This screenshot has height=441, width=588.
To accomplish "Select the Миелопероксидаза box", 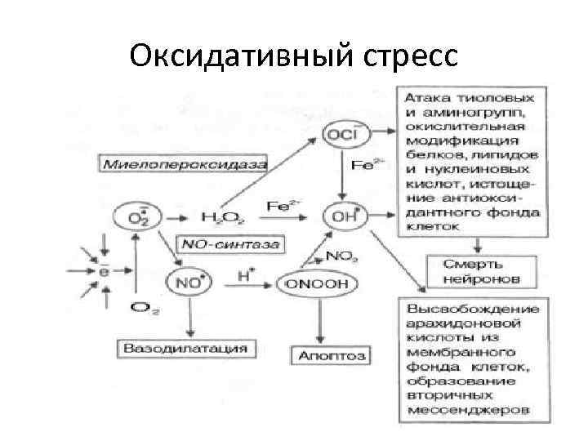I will point(185,163).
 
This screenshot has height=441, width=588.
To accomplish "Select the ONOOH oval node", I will point(318,283).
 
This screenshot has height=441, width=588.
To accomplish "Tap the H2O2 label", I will point(218,217).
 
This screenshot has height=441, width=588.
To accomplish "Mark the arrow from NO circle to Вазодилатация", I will point(189,318).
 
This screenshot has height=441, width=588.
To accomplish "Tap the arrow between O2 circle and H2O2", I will point(172,217).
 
